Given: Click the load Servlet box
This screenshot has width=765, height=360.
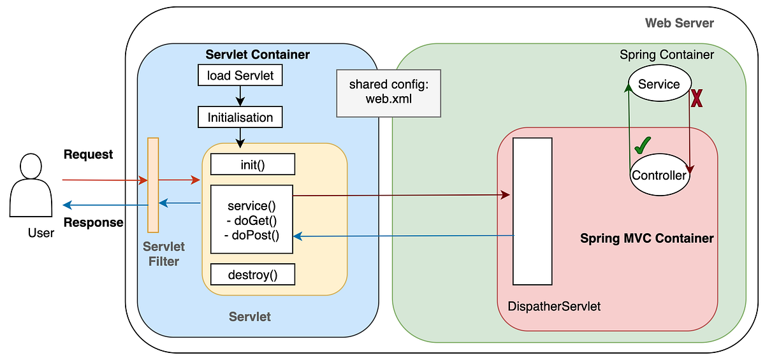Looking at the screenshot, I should click(240, 76).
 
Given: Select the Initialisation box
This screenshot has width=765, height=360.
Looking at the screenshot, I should click(240, 117).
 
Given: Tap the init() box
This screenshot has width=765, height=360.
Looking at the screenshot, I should click(253, 164).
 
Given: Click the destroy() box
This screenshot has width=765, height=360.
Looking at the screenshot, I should click(253, 275).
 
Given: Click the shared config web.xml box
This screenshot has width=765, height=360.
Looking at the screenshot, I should click(388, 93).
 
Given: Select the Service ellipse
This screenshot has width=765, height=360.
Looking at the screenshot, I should click(659, 85).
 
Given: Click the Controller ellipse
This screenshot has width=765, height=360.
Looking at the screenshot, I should click(659, 175).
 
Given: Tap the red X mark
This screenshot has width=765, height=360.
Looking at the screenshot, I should click(697, 99).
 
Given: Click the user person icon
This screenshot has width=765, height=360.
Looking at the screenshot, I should click(31, 184).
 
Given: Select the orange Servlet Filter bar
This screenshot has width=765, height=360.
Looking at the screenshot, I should click(153, 185).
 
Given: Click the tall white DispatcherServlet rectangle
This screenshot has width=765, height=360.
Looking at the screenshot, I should click(532, 211).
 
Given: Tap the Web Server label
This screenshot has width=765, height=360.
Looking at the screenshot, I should click(680, 24).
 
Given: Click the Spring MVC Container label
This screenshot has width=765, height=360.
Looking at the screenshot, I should click(646, 239).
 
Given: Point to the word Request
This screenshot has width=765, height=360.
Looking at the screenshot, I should click(89, 155).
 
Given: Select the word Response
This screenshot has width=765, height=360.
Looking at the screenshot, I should click(93, 222).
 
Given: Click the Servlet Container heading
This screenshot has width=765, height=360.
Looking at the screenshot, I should click(258, 55).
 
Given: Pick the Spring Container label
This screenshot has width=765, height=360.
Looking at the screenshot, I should click(667, 55).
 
